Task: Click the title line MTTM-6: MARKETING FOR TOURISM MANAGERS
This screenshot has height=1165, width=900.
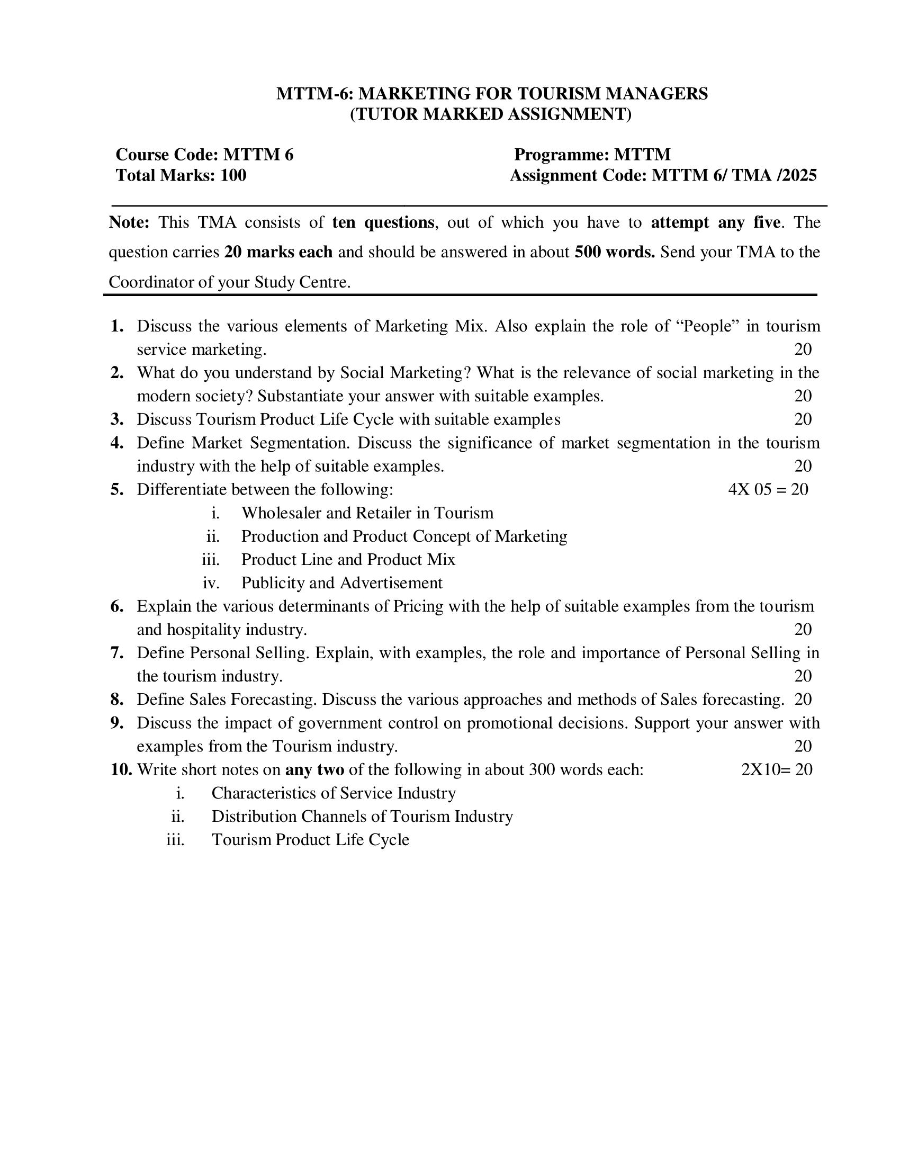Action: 492,94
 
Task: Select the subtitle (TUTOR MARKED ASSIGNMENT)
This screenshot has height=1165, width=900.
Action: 491,114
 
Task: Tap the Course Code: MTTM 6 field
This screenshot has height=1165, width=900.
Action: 204,155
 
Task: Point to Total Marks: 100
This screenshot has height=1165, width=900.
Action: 181,175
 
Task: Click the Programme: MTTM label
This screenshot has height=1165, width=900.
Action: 592,155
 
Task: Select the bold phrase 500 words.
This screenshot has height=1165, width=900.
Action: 614,252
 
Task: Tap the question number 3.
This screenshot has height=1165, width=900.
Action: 117,419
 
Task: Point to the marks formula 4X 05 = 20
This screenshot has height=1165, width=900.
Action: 768,489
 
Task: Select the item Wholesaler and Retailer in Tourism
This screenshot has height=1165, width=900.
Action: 367,513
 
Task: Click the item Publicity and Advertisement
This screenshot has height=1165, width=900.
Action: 341,582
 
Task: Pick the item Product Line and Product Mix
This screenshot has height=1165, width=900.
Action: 348,559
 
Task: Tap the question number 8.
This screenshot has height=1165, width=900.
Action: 117,700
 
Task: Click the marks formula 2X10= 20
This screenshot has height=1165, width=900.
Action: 776,769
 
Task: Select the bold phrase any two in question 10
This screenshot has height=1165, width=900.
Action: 314,769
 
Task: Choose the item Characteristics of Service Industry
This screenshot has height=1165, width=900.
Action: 333,793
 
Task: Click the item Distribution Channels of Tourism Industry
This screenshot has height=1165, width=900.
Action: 362,816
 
